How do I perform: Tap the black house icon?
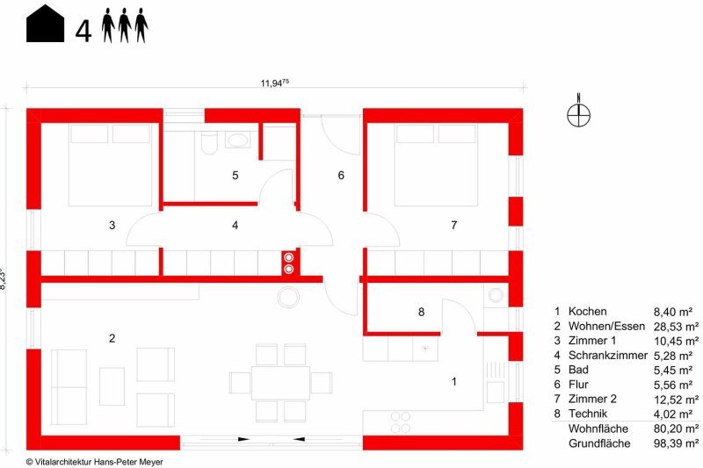pyautogui.click(x=45, y=24)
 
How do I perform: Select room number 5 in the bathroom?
pyautogui.click(x=236, y=175)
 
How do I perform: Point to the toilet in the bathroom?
pyautogui.click(x=209, y=142)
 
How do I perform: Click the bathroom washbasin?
pyautogui.click(x=237, y=140)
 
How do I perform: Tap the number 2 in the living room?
pyautogui.click(x=112, y=338)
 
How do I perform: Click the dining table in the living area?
pyautogui.click(x=280, y=383)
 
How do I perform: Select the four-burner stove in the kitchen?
pyautogui.click(x=401, y=422)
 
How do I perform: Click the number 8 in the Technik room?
pyautogui.click(x=421, y=313)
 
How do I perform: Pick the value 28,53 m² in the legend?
pyautogui.click(x=676, y=327)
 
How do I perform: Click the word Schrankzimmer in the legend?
pyautogui.click(x=608, y=355)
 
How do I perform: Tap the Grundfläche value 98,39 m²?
pyautogui.click(x=676, y=443)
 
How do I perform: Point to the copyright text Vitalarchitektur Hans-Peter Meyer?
pyautogui.click(x=95, y=462)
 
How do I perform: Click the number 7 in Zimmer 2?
pyautogui.click(x=454, y=225)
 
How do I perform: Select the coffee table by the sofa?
pyautogui.click(x=112, y=386)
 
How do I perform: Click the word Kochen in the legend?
pyautogui.click(x=587, y=311)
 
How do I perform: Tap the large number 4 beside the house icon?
pyautogui.click(x=83, y=31)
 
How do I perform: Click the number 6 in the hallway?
pyautogui.click(x=341, y=175)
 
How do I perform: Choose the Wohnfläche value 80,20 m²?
pyautogui.click(x=676, y=428)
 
